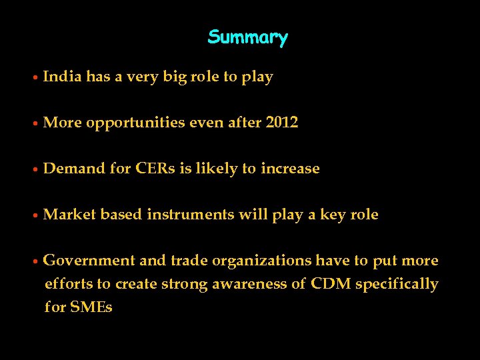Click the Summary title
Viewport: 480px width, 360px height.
pos(247,37)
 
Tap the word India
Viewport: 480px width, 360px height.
pos(63,77)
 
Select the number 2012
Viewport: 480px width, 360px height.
pos(281,123)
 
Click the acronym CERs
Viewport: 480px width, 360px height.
pos(155,169)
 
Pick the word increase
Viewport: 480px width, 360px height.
pos(290,169)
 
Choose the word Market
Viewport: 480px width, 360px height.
pos(69,215)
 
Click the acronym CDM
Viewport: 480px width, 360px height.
pos(331,284)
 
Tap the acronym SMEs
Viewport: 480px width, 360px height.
pos(91,307)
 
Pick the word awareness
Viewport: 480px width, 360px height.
pos(249,284)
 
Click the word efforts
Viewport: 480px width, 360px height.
pos(68,284)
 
